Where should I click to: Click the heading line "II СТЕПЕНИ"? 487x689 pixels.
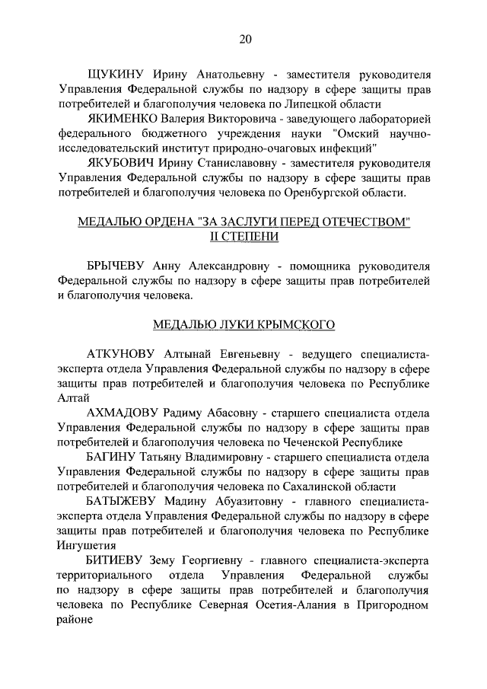click(243, 237)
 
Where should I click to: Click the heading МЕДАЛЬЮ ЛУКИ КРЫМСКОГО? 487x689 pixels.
click(243, 324)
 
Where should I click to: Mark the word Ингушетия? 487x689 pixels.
click(87, 545)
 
